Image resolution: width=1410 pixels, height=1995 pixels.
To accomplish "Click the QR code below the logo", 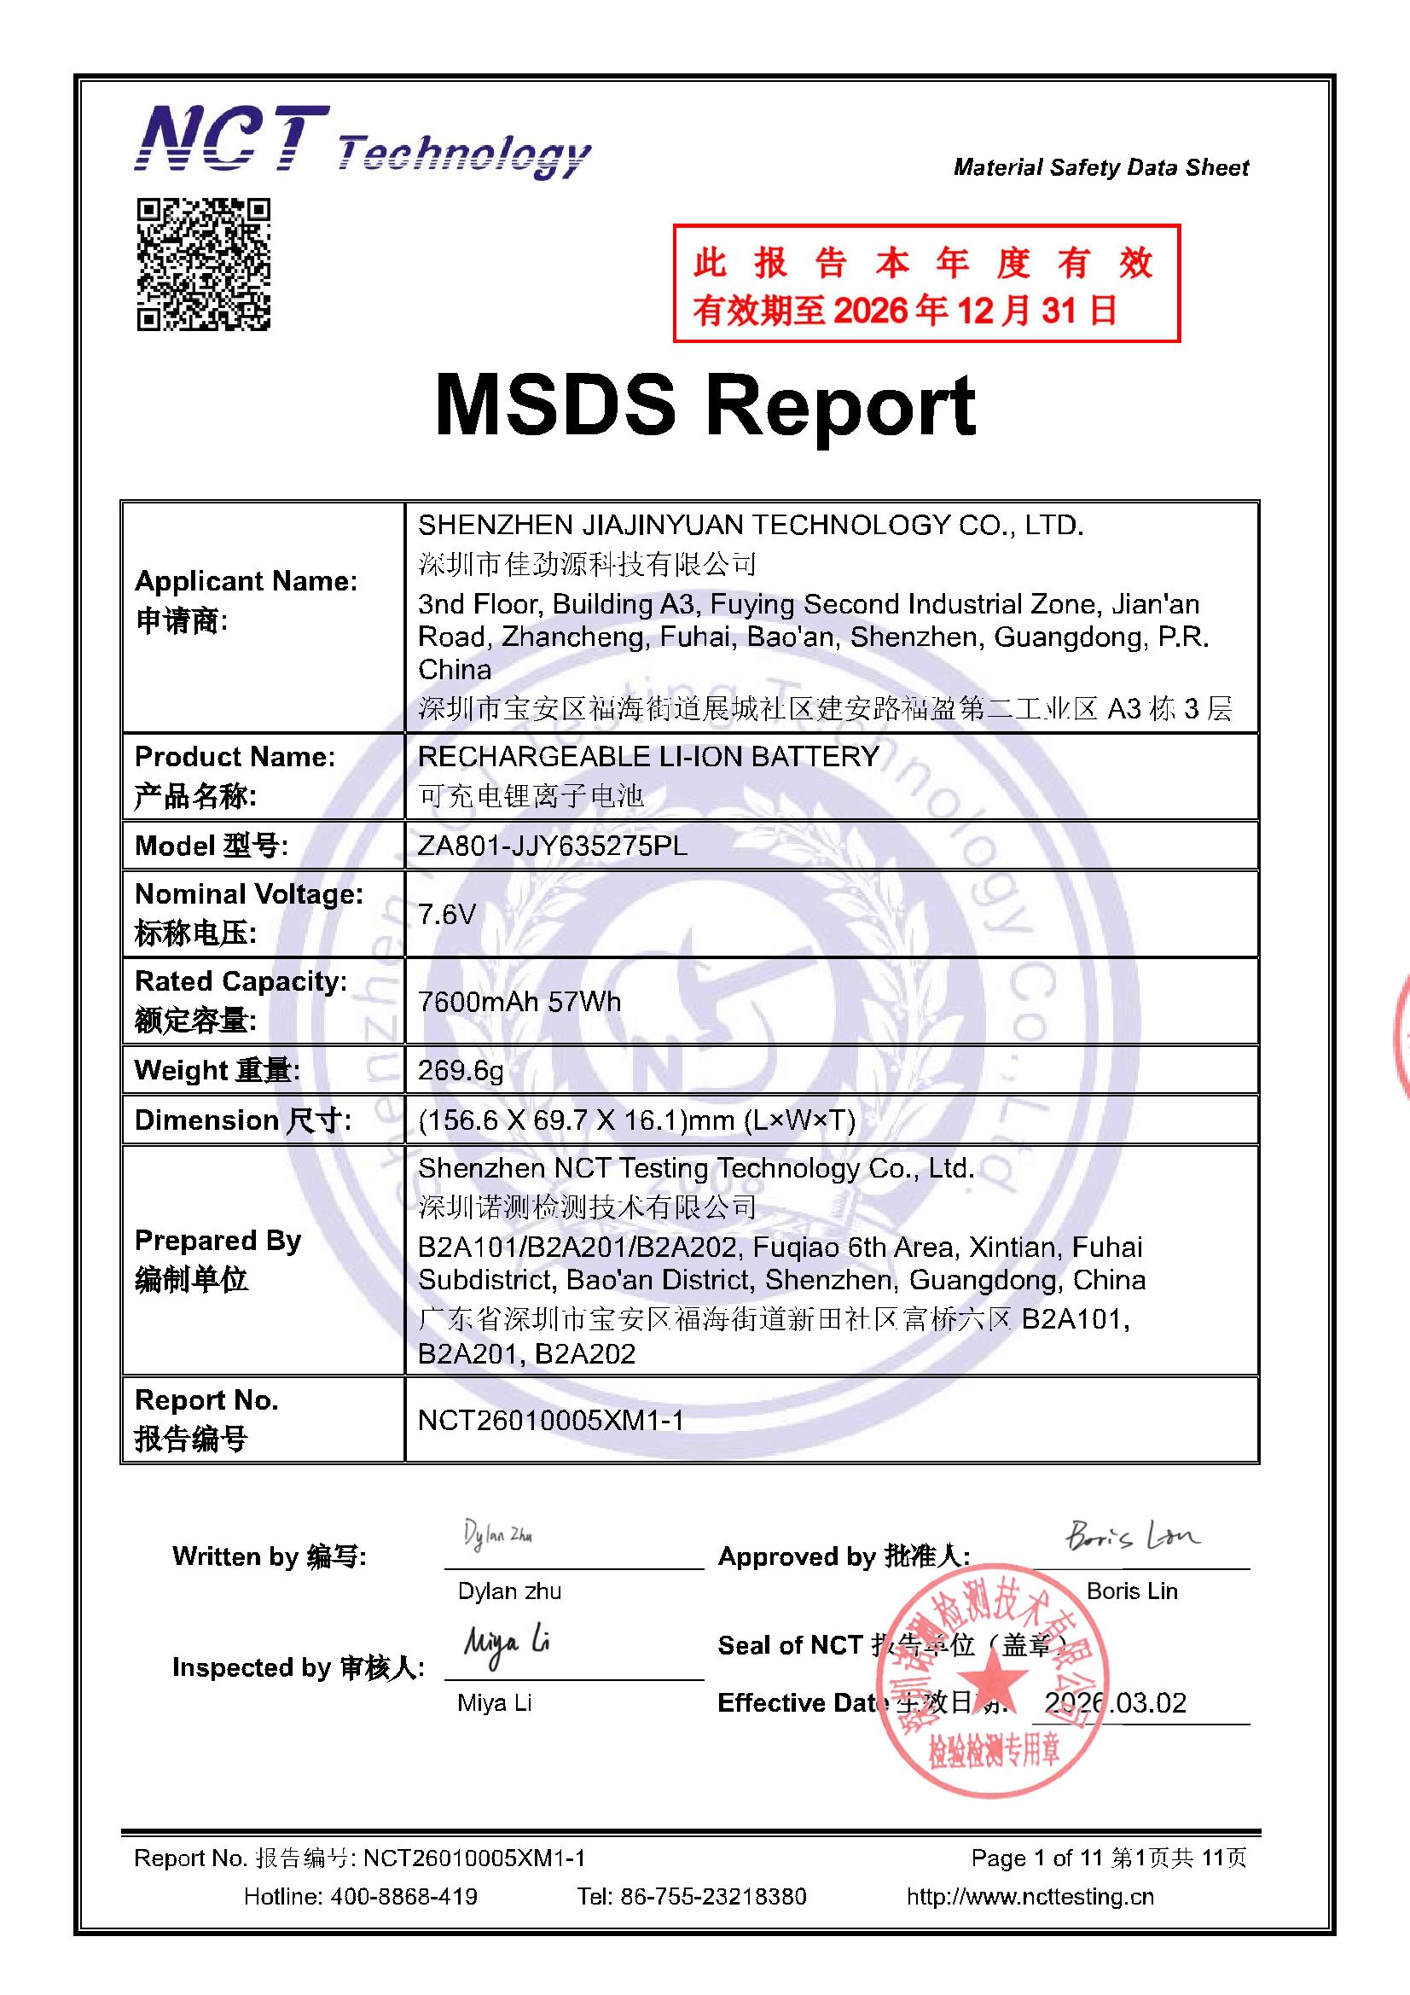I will [203, 265].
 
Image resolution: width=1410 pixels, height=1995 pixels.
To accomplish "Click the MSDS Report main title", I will [705, 405].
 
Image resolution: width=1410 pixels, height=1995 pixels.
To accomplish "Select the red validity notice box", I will [926, 283].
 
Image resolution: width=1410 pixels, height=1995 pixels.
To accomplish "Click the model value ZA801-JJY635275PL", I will [552, 846].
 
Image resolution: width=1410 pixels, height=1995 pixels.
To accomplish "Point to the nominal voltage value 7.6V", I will [447, 914].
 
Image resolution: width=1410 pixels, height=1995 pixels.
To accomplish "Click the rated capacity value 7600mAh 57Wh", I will [519, 1002].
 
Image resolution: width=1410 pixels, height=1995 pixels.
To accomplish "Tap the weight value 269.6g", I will [461, 1070].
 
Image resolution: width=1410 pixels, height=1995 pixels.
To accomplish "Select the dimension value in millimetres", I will [636, 1120].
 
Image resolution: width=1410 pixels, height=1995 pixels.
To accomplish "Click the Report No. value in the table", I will [551, 1420].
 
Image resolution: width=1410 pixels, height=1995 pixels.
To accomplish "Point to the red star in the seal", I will [991, 1681].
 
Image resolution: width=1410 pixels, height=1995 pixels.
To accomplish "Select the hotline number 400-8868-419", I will [403, 1896].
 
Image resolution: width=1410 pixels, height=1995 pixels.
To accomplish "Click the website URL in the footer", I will [1030, 1896].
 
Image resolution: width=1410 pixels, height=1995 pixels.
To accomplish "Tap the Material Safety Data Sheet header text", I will [1100, 167].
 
